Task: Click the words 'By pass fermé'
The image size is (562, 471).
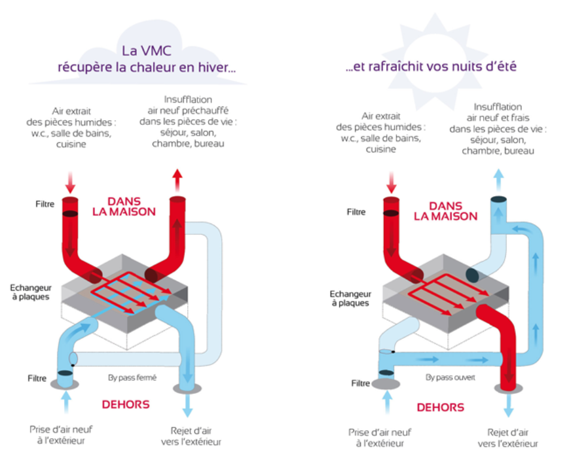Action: (x=132, y=377)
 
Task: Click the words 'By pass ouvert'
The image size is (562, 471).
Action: (x=450, y=377)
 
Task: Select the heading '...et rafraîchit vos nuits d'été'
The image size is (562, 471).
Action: (x=431, y=66)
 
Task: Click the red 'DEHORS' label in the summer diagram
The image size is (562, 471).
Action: (x=439, y=407)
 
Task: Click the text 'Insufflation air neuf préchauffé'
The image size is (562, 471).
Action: (x=188, y=105)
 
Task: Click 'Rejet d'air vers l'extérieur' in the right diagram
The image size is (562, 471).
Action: (x=508, y=438)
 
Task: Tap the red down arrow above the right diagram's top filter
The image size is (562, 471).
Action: (x=392, y=181)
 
